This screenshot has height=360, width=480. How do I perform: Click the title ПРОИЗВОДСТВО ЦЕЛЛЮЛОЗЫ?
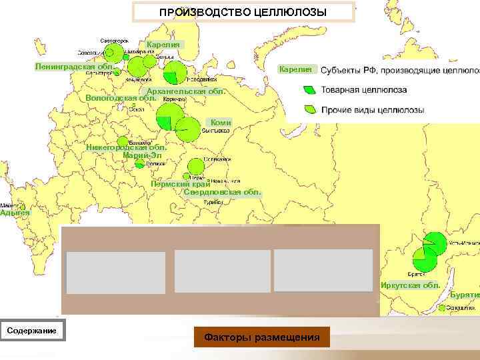(x=243, y=12)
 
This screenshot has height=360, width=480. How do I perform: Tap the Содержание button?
(x=32, y=331)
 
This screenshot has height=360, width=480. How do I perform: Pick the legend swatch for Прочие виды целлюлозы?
(x=309, y=109)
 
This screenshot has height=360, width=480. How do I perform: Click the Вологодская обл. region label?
(x=121, y=99)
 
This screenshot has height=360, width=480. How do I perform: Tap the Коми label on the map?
(x=221, y=123)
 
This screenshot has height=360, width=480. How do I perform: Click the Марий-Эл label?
(x=142, y=156)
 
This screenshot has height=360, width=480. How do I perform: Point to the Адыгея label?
(x=15, y=213)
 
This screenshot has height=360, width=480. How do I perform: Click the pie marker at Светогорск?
(x=115, y=52)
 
